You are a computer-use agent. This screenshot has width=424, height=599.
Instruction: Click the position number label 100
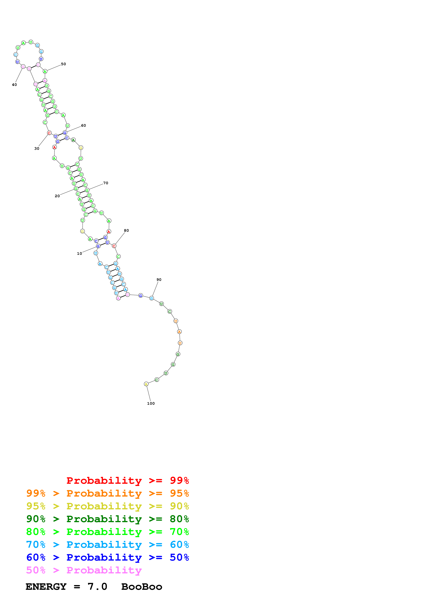coord(151,403)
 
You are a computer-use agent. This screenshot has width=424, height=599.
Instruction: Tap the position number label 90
coord(159,279)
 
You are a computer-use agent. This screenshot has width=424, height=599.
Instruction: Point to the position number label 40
coord(14,85)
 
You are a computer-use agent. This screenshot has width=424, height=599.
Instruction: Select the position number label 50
coord(63,64)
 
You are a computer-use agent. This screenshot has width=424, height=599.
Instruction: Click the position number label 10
coord(79,253)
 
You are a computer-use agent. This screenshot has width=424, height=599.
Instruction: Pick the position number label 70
coord(106,183)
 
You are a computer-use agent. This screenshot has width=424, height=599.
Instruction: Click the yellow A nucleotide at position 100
coord(146,384)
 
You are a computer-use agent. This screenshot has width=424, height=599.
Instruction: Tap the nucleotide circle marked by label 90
coord(152,298)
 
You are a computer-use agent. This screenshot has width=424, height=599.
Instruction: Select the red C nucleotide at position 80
coord(114,246)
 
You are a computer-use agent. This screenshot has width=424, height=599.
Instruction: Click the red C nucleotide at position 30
coord(49,133)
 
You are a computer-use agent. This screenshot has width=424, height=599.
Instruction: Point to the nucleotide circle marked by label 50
coord(45,71)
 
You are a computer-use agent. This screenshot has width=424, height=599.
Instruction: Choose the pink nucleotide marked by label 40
coord(23,67)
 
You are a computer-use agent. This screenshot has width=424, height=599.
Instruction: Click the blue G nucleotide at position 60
coord(65,133)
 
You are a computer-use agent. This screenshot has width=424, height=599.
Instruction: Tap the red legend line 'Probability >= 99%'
coord(127,480)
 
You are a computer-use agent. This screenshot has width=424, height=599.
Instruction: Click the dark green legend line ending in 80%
coord(107,519)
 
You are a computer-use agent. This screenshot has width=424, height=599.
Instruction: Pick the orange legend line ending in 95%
coord(107,493)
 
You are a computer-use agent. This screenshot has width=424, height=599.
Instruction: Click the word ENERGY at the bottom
coord(46,587)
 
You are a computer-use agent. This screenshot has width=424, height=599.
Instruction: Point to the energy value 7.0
coord(97,587)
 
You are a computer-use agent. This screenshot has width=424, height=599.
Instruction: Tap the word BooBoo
coord(142,587)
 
